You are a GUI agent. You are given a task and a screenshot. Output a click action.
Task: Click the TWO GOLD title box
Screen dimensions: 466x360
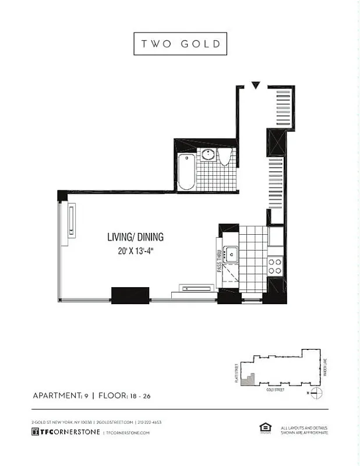coord(180,44)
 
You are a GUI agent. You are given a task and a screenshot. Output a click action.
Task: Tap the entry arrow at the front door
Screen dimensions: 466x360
coord(255,86)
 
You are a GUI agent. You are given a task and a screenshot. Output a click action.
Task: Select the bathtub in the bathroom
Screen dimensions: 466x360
coord(186,172)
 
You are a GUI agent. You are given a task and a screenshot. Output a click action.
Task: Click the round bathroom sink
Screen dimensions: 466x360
coord(209,155)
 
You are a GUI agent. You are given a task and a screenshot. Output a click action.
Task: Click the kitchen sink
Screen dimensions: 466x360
coord(232,254)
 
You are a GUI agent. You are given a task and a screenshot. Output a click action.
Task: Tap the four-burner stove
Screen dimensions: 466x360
coord(275,266)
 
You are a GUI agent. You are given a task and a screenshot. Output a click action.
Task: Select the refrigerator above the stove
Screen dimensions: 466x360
coord(276,236)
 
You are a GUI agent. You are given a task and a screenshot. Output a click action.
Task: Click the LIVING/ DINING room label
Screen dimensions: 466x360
coord(135,237)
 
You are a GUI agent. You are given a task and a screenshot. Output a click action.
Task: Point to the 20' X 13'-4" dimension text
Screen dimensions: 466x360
coord(135,252)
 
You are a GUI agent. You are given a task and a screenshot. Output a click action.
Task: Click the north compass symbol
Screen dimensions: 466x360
coord(315,393)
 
